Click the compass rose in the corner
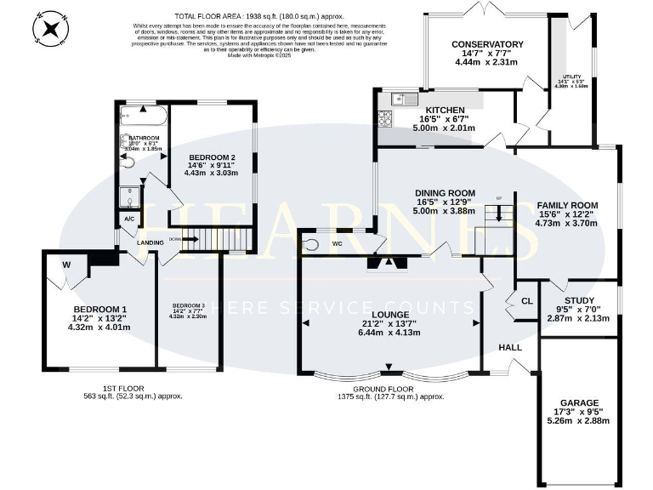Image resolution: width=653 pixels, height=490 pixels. coord(53,30)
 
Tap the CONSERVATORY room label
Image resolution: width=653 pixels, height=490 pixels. coord(486,44)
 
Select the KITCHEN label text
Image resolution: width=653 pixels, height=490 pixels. coord(445,111)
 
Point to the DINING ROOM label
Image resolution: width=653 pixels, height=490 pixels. coord(445,193)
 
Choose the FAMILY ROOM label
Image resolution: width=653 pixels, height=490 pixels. coord(566,205)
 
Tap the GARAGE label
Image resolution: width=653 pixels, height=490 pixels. coord(578,402)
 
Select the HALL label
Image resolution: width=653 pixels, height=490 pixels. coord(510,349)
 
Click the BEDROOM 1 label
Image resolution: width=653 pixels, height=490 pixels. coord(99,309)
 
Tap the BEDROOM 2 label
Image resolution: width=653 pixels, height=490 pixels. coord(212,156)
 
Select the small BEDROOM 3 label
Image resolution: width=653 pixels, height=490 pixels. coord(189,305)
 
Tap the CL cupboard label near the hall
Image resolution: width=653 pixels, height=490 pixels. coord(527,300)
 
